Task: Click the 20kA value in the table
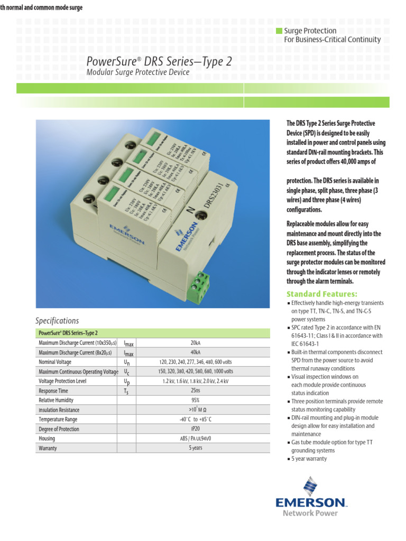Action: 196,342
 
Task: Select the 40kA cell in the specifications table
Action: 196,352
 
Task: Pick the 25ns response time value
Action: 196,390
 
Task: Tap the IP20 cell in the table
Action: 196,429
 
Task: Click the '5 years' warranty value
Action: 196,448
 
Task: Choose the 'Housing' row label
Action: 47,439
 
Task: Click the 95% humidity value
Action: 196,400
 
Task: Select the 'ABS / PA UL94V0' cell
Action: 196,439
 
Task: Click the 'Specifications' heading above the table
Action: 57,321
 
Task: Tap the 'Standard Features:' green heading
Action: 322,294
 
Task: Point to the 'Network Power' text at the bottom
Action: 310,513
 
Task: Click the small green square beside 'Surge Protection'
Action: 279,31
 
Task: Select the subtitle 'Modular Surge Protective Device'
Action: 137,72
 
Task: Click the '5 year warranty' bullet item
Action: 309,459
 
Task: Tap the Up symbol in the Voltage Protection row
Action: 126,381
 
